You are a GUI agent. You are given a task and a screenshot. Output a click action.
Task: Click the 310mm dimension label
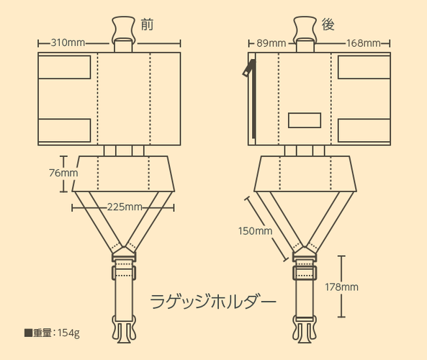68,42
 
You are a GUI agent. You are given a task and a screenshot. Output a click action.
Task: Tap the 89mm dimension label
271,43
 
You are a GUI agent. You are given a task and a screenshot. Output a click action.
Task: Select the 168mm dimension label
364,43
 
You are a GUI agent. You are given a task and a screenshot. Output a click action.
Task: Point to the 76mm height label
63,173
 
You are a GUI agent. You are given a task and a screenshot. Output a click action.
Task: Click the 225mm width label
125,207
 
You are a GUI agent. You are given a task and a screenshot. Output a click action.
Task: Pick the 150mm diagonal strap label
255,231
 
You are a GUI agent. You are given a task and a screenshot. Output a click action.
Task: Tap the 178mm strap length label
341,287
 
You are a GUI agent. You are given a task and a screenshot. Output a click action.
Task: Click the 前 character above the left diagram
147,24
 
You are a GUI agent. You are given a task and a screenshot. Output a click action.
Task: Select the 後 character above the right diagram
328,24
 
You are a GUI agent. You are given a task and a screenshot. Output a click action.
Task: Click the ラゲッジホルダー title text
213,301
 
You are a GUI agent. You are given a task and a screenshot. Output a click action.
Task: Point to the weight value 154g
68,333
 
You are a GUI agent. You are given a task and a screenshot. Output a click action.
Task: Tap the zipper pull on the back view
248,68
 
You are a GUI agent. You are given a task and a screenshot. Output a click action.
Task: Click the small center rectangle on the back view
305,120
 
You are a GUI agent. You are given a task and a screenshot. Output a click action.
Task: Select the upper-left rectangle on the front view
65,67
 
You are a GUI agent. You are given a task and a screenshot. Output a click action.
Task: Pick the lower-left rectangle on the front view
65,130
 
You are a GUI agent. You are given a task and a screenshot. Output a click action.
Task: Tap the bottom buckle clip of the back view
305,330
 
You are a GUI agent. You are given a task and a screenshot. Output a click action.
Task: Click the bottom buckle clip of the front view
124,329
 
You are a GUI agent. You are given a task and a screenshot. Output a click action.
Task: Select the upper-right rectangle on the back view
364,67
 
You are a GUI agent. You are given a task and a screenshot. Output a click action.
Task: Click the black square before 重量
28,333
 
